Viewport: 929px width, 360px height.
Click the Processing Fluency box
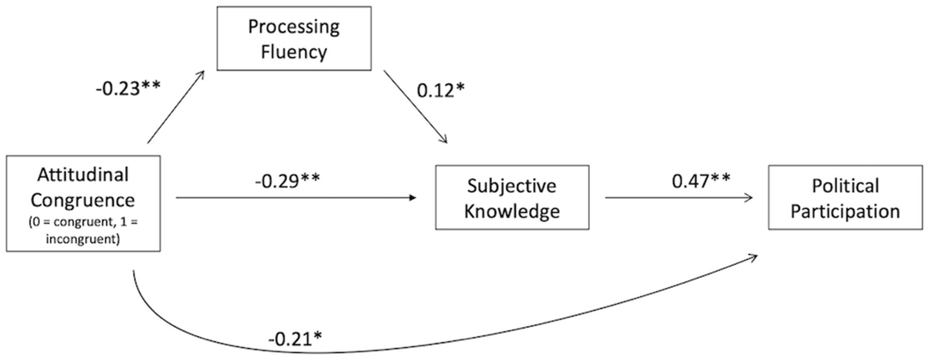click(x=294, y=39)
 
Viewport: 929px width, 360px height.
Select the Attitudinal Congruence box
click(x=84, y=203)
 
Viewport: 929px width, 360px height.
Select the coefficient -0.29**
click(x=287, y=180)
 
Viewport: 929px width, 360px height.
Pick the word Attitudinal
click(x=84, y=175)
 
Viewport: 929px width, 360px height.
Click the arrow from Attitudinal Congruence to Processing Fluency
click(x=176, y=106)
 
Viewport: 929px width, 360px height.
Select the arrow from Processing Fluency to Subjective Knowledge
click(x=415, y=106)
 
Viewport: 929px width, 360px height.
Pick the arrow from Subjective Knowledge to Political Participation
click(x=678, y=197)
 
